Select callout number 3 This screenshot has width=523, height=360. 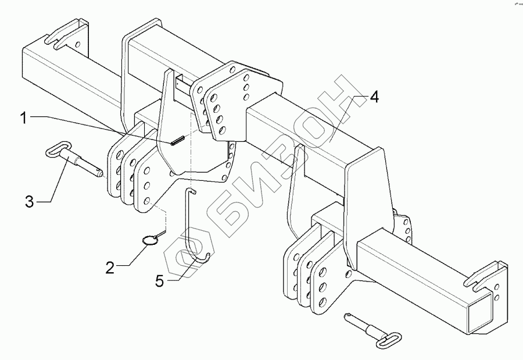click(x=29, y=202)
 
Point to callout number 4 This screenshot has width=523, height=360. click(x=374, y=98)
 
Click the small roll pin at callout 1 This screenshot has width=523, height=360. click(x=178, y=140)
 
